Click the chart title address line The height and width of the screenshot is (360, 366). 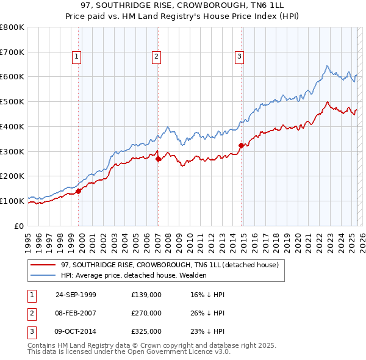point(182,5)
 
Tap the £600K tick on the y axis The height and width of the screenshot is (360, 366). point(12,77)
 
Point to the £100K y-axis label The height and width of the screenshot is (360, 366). point(12,201)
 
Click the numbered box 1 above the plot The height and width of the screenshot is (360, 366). point(77,57)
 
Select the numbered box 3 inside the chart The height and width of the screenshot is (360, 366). point(240,57)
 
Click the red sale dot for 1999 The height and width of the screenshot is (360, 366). point(79,191)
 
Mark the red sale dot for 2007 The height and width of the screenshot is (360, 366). point(159,159)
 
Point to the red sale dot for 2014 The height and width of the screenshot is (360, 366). point(242,145)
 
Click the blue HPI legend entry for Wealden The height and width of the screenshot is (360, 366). point(134,275)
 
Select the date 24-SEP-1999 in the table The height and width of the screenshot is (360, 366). point(76,295)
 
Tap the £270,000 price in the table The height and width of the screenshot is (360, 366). point(146,313)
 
